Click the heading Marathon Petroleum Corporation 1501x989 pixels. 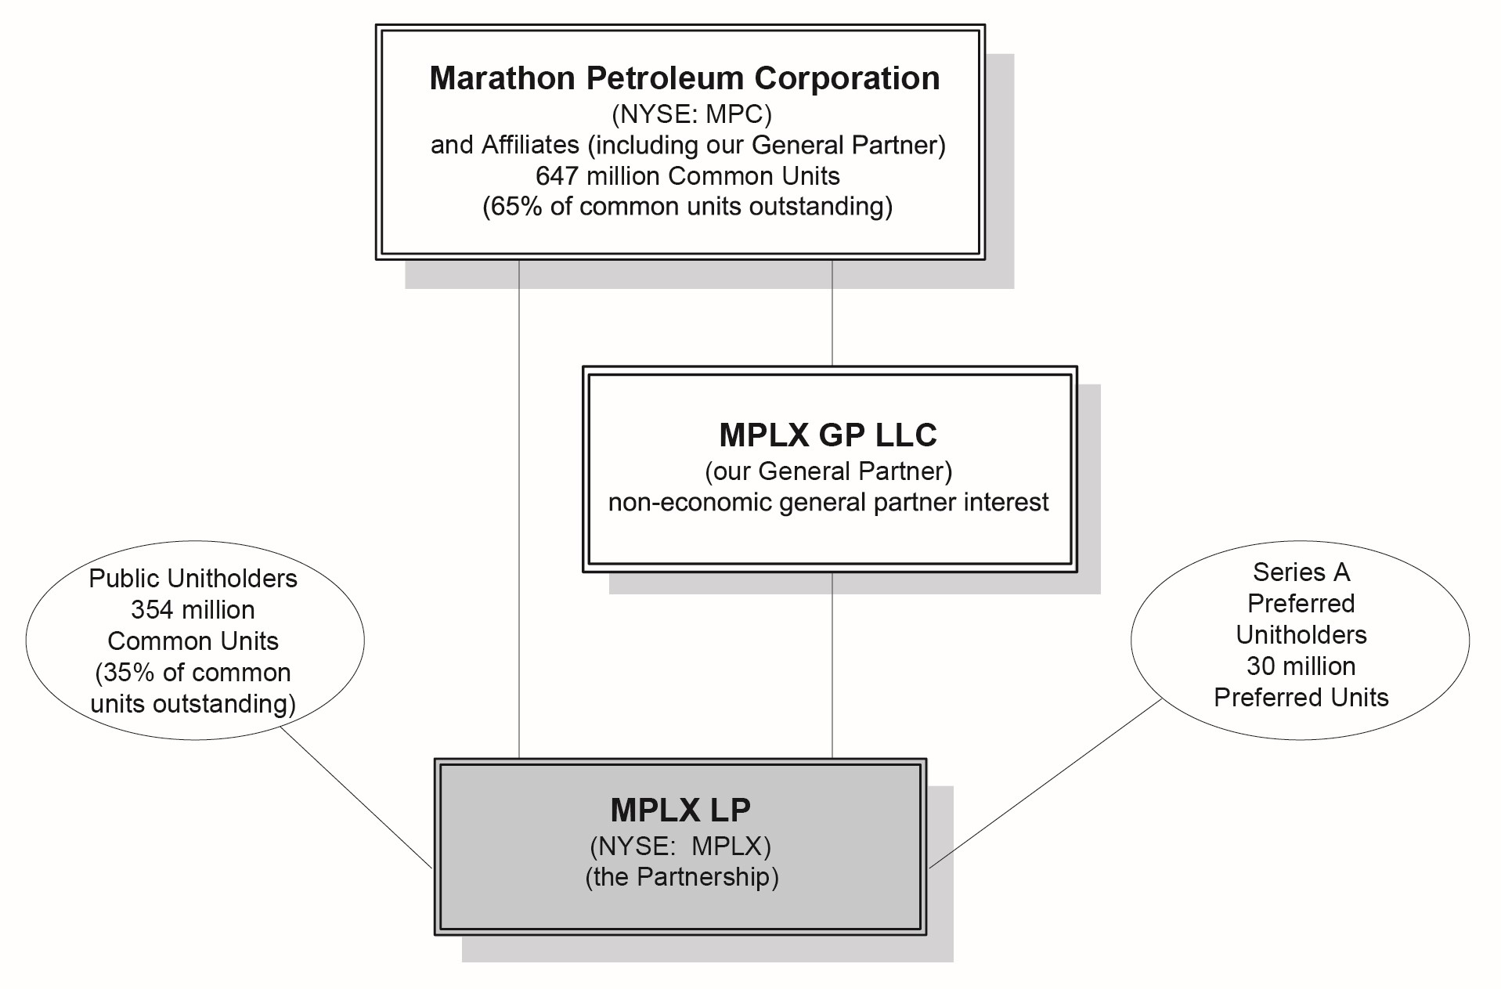coord(684,78)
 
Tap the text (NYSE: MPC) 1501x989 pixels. coord(691,114)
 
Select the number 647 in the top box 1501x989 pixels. coord(557,176)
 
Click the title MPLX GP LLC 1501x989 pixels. coord(828,435)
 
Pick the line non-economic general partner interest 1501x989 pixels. coord(828,502)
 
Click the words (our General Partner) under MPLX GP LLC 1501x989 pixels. coord(828,471)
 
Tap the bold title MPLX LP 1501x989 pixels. coord(680,810)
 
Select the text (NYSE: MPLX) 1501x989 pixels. coord(680,846)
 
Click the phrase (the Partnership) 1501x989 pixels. coord(681,877)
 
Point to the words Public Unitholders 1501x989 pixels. coord(193,579)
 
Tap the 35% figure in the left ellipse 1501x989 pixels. coord(125,673)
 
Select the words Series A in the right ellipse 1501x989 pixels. coord(1301,572)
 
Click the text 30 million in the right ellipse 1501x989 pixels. coord(1301,666)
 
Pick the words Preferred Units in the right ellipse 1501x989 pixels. coord(1301,698)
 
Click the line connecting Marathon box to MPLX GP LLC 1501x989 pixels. coord(832,313)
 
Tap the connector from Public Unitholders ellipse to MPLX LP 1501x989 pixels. coord(356,797)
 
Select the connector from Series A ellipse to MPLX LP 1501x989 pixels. coord(1045,783)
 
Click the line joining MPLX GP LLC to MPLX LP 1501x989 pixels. coord(832,666)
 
